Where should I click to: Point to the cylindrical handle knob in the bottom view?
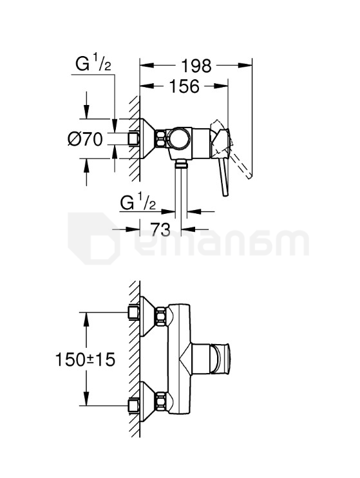point(223,358)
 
